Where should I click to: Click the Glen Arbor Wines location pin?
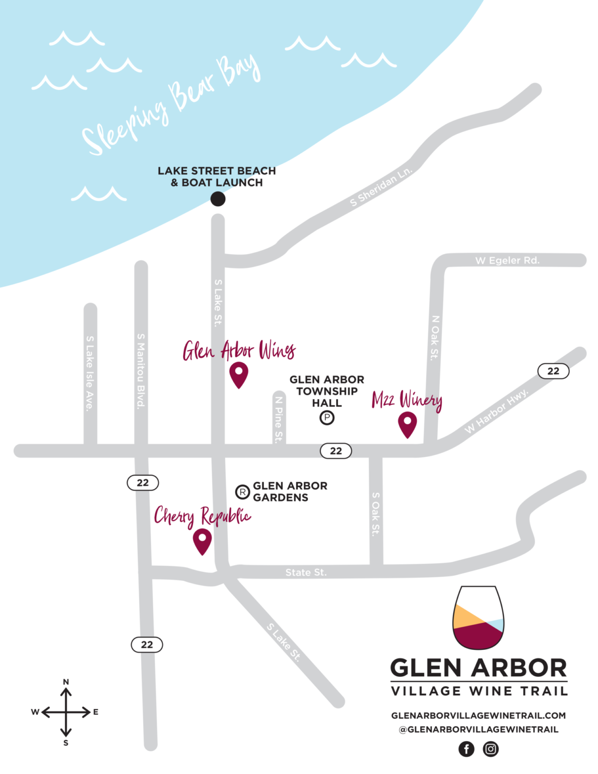(238, 374)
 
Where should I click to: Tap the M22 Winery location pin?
(407, 424)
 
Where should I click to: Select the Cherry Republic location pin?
(202, 540)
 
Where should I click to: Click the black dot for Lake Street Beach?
(218, 199)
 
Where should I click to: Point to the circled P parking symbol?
(327, 418)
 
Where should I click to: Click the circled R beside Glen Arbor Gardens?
(243, 492)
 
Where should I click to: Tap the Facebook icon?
(467, 749)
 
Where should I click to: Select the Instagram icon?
(491, 749)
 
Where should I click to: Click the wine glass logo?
(478, 618)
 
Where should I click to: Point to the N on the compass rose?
(66, 682)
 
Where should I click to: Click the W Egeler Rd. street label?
(507, 261)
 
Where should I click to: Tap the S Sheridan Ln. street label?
(381, 186)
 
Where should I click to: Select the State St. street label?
(306, 572)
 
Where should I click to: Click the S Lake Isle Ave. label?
(90, 373)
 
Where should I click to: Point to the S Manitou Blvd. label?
(141, 370)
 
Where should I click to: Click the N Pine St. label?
(279, 419)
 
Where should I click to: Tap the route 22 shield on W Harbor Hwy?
(553, 371)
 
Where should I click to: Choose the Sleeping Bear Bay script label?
(171, 104)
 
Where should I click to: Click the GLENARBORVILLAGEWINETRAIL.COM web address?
(478, 716)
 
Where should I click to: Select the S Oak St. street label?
(376, 514)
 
